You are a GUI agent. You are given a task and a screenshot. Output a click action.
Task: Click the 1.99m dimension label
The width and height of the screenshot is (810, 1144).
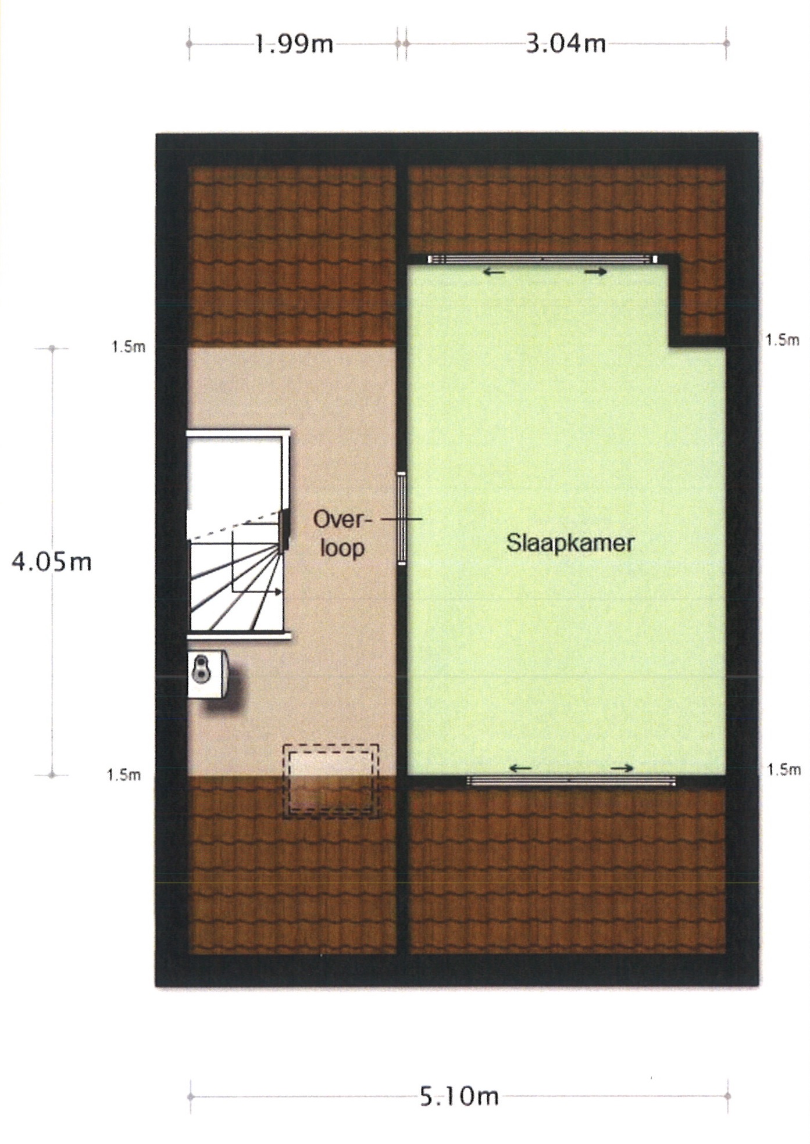tap(294, 44)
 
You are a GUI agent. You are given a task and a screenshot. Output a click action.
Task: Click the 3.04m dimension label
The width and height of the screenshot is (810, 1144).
tap(566, 44)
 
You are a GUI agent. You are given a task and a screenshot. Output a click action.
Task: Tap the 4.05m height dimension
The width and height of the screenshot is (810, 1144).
tap(52, 562)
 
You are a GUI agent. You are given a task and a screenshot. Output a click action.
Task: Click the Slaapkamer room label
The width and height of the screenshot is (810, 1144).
tap(570, 543)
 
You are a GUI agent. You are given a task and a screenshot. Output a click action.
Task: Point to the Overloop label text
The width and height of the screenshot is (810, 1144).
tap(342, 533)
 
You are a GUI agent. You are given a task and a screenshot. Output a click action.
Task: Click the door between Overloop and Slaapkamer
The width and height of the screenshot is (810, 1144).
tap(402, 518)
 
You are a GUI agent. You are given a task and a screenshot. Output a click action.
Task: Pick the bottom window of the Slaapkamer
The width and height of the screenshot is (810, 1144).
tap(571, 781)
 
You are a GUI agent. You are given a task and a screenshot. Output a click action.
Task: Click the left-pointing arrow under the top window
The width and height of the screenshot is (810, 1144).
tap(494, 271)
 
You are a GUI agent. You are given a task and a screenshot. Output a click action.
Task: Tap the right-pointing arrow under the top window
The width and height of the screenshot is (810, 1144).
tap(596, 271)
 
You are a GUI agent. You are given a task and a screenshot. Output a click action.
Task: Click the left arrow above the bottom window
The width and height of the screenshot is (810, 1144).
tap(520, 768)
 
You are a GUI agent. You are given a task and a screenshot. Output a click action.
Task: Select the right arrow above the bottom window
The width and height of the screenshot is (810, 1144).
tap(622, 768)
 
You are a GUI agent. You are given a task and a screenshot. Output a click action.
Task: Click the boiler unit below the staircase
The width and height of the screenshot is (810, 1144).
tap(208, 674)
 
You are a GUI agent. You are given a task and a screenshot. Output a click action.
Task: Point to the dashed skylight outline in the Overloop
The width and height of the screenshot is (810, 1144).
tap(331, 781)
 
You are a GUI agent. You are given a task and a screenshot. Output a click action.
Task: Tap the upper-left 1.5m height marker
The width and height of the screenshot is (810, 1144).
tap(129, 347)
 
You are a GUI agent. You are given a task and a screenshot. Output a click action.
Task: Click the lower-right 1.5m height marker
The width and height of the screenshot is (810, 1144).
tap(784, 770)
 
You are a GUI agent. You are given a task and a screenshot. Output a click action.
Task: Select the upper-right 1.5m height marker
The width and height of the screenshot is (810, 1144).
tap(783, 340)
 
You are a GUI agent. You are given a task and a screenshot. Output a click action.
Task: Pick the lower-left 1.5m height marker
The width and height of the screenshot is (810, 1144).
tap(124, 774)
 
